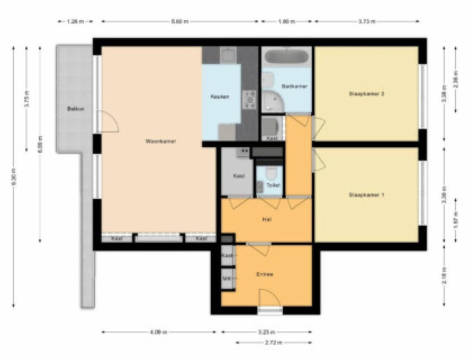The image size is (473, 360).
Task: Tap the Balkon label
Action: coord(76,109)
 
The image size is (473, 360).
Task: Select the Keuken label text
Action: coord(220,97)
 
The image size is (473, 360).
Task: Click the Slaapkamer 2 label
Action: coord(366,94)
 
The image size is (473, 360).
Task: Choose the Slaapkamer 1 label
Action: coord(366,195)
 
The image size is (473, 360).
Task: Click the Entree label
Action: coord(265,274)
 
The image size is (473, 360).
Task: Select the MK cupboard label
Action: coord(227,279)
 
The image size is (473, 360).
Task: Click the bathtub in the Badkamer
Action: coord(287,57)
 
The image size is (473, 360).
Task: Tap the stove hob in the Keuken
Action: coord(249,99)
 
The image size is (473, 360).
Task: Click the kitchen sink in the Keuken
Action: coord(227,55)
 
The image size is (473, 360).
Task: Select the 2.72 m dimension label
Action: coord(274,343)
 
